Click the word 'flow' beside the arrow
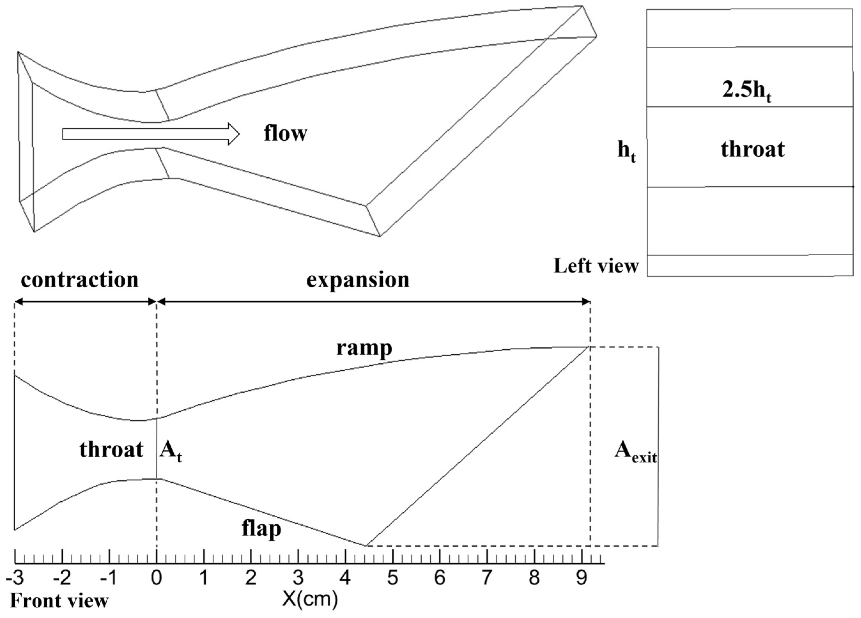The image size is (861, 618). (286, 133)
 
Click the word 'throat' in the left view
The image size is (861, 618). (752, 149)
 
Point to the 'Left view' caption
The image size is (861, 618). (596, 266)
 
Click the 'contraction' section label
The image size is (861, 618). (80, 280)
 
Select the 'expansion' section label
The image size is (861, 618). (358, 280)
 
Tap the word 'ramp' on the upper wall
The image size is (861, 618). (364, 348)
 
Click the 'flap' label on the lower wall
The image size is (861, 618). (262, 529)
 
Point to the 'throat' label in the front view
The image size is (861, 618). (111, 450)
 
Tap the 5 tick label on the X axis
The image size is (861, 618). (393, 578)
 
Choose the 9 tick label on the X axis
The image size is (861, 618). (581, 578)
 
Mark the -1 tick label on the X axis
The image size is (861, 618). (109, 578)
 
